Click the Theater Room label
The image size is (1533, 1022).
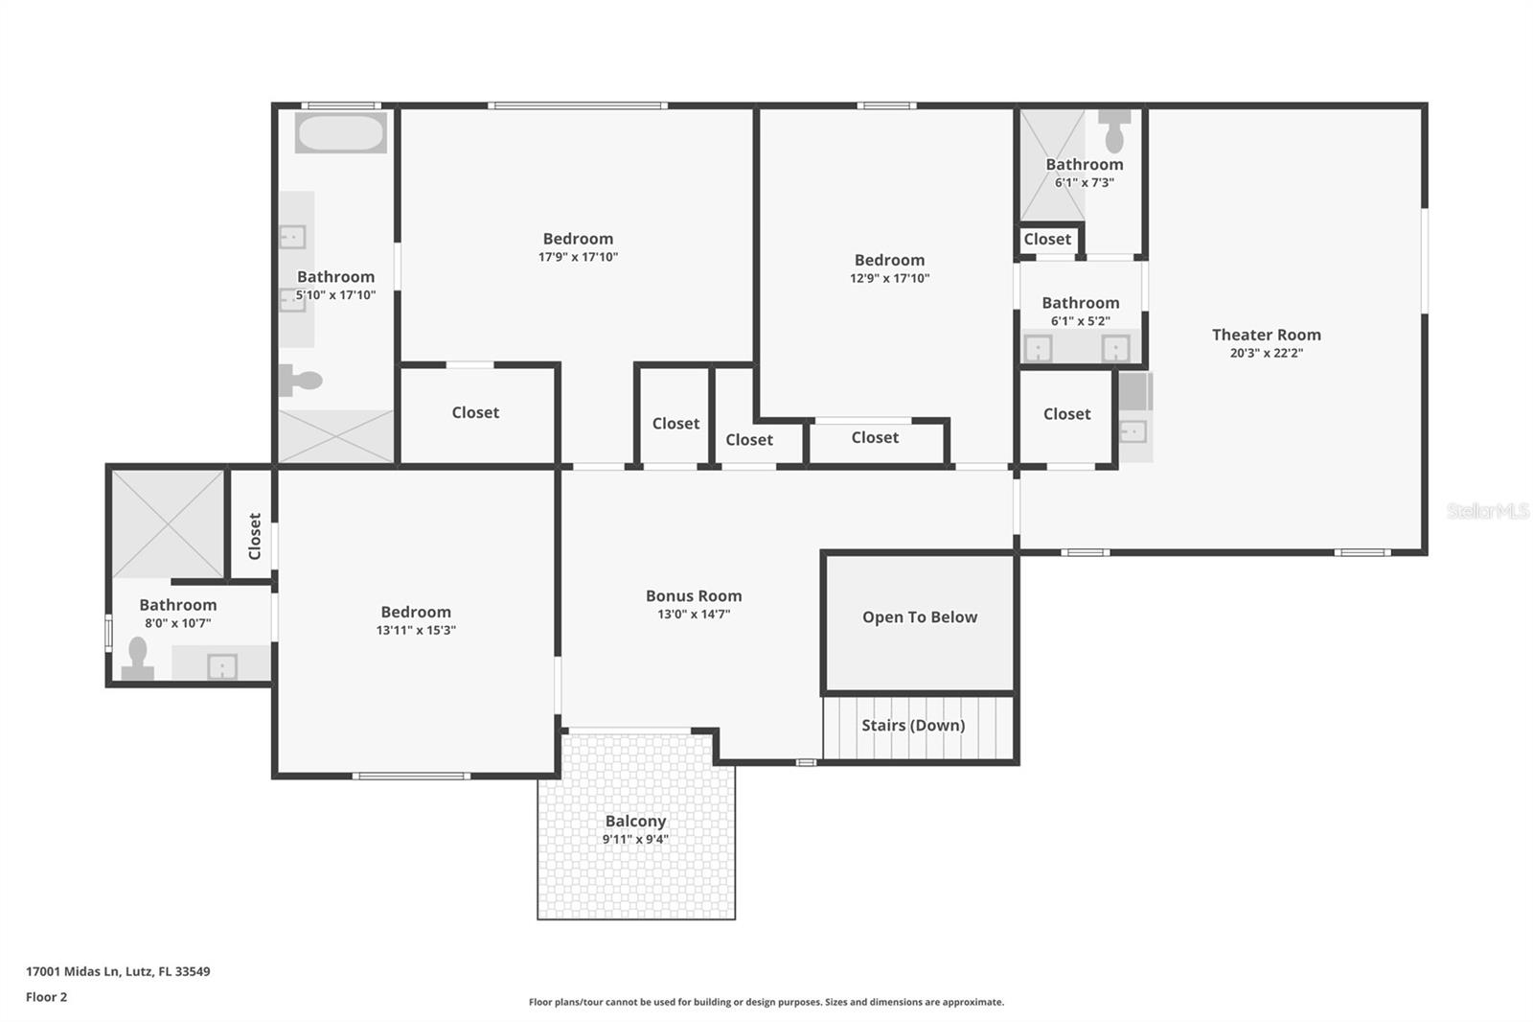(1266, 335)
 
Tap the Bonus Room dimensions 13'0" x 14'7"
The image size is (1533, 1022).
(694, 615)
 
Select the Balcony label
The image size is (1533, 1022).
(635, 822)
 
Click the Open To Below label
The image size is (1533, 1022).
(920, 617)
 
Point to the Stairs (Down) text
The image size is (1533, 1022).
(913, 726)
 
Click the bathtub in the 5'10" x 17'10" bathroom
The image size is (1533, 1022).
(340, 133)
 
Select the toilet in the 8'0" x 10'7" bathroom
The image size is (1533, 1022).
(138, 659)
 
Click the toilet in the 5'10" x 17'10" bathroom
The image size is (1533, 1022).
(300, 380)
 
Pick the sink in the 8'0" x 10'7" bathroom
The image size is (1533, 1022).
(222, 665)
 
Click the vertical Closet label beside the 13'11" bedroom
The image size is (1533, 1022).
(254, 536)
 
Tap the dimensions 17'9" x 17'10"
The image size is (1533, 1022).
(578, 257)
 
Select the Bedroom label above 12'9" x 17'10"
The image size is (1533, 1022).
(889, 260)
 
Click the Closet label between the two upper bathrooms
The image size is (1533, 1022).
(1047, 240)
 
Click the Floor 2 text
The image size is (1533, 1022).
(46, 997)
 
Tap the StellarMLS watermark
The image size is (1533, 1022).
(1487, 511)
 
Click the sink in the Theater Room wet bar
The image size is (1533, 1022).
(1133, 431)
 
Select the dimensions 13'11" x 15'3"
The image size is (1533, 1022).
(416, 631)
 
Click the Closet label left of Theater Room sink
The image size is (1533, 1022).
(1066, 414)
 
